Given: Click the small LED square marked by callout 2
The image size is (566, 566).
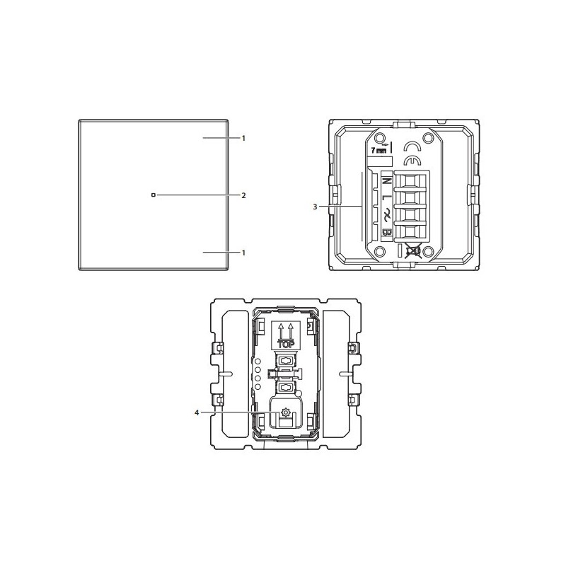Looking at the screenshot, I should click(153, 195).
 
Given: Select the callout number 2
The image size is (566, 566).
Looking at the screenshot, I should click(243, 195).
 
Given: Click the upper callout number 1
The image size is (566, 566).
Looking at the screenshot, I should click(243, 138).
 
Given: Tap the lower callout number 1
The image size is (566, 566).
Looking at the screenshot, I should click(243, 252).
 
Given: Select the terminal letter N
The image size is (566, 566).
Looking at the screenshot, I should click(387, 180).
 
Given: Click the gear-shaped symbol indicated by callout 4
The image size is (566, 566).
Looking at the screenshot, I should click(287, 412).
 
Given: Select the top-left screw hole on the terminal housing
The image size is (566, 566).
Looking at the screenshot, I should click(379, 139).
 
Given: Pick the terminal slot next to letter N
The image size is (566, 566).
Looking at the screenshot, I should click(408, 181).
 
